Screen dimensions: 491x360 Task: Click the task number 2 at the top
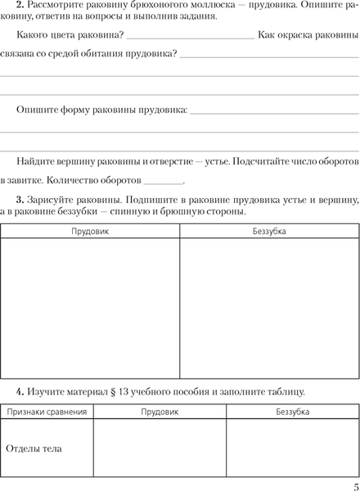click(x=19, y=7)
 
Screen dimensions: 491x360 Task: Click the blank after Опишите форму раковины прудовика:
click(x=273, y=110)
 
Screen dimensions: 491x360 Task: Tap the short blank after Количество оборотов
click(x=164, y=182)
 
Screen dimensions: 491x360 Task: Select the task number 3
click(x=19, y=200)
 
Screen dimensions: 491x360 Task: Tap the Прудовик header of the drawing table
click(x=90, y=232)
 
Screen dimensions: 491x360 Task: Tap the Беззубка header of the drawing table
click(x=269, y=232)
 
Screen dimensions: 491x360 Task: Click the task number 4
click(x=19, y=391)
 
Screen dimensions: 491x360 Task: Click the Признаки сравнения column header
click(x=47, y=412)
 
